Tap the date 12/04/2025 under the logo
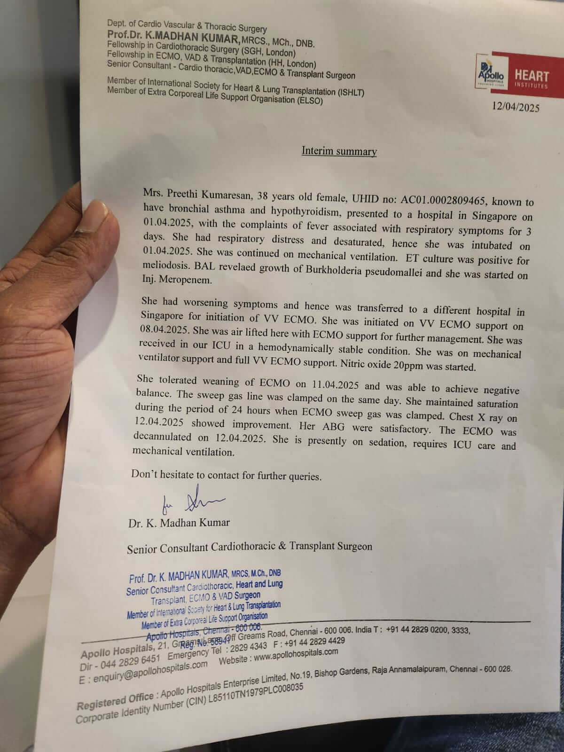click(516, 108)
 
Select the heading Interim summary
click(339, 151)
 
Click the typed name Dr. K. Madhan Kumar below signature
click(179, 523)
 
